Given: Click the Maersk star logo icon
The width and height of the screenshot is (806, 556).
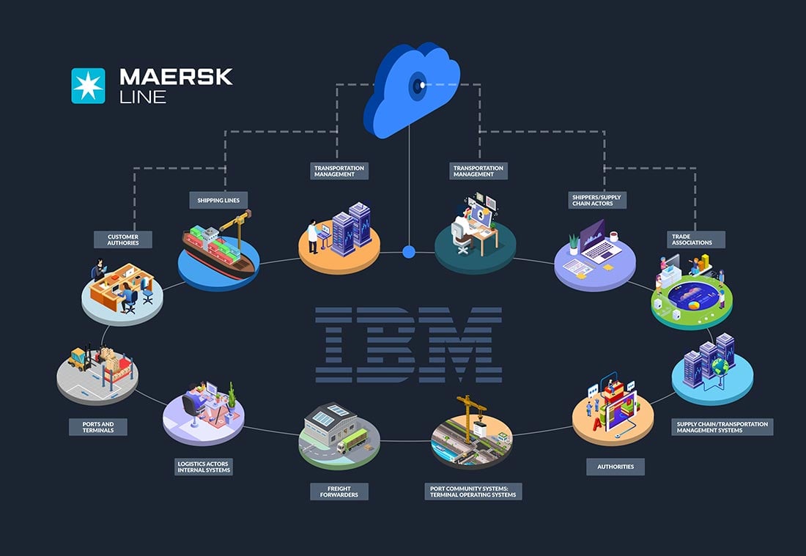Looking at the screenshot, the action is point(88,85).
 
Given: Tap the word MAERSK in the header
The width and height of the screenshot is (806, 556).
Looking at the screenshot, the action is point(175,76).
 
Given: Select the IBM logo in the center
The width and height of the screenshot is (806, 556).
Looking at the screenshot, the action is point(408,345).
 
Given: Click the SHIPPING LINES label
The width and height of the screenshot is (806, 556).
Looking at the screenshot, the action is point(218,199).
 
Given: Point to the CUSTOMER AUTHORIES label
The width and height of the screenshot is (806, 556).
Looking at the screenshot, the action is point(122,240).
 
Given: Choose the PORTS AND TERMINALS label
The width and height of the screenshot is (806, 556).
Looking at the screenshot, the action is point(97,426).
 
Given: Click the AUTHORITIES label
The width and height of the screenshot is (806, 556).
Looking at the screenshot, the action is point(615,466).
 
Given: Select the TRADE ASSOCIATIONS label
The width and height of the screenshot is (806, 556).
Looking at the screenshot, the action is point(695,240).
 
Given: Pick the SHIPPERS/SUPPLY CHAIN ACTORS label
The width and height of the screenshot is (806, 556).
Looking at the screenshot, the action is point(598,200).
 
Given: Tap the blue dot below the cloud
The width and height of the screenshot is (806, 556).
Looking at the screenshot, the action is point(409,252).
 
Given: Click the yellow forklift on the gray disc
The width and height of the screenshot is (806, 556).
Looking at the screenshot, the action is point(78,358).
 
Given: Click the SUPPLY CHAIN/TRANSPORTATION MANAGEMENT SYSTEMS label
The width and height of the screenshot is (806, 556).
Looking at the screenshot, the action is point(722,427).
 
